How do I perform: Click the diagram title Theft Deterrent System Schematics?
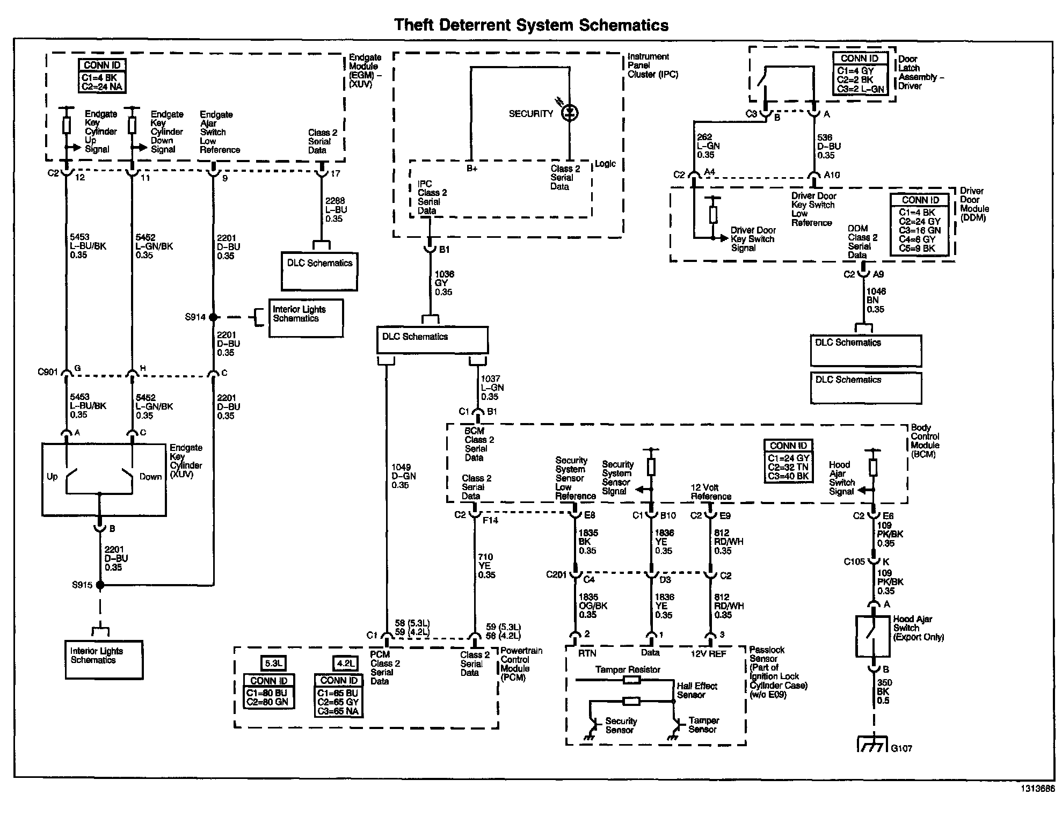pos(531,25)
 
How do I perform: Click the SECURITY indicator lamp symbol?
pos(570,113)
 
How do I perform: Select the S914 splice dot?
pos(213,317)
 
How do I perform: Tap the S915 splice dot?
pos(99,585)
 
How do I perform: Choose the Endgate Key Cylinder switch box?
pos(104,480)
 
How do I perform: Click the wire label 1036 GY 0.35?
pos(444,283)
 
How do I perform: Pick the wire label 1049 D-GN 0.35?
pos(403,476)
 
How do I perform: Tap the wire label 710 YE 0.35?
pos(486,566)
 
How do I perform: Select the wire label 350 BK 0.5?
pos(883,692)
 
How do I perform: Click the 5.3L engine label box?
pos(273,663)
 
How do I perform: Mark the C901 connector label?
pos(47,371)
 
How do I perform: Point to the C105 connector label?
pos(854,562)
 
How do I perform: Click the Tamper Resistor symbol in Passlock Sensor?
pos(631,680)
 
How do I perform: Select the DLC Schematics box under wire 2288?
pos(320,272)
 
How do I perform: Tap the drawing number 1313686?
pos(1037,789)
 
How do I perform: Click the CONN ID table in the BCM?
pos(788,461)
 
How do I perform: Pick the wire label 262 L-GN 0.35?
pos(708,146)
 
